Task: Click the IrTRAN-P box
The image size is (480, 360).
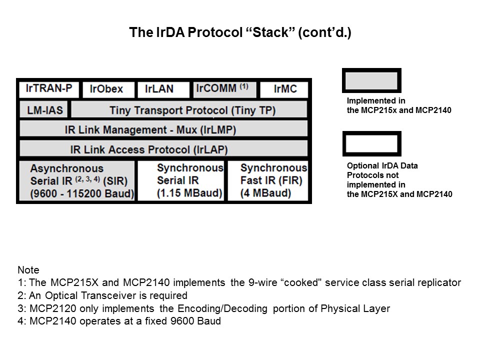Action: [48, 89]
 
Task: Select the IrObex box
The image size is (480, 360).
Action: [108, 89]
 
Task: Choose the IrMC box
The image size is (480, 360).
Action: [284, 89]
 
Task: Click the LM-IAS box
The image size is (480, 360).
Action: [43, 109]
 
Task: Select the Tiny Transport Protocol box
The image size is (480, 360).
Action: [189, 109]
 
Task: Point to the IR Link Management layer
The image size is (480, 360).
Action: [163, 129]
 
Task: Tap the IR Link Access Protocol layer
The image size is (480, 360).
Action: [163, 149]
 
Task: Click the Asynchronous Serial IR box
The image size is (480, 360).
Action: [76, 181]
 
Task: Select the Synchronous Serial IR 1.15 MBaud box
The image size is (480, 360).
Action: [181, 181]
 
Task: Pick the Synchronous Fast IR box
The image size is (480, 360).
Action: [268, 181]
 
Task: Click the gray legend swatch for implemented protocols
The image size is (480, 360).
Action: [371, 80]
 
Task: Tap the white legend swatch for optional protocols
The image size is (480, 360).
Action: [371, 144]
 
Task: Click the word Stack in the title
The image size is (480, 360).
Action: [270, 33]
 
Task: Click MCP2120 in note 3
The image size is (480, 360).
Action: [49, 308]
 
